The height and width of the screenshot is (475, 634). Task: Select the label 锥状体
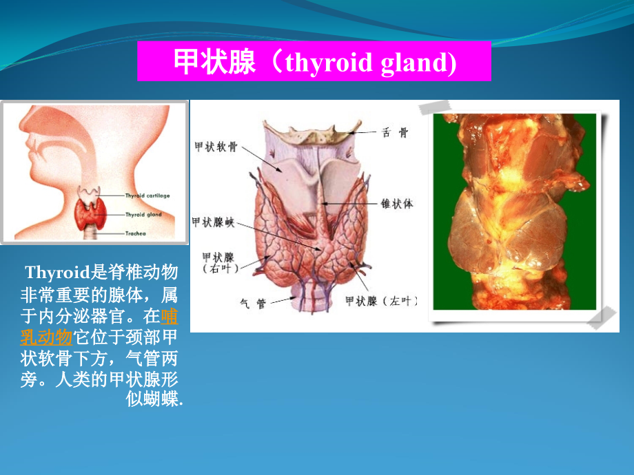click(x=397, y=204)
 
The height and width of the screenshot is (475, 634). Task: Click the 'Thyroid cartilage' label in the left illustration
click(x=147, y=196)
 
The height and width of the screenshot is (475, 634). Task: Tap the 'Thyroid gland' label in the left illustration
click(x=143, y=215)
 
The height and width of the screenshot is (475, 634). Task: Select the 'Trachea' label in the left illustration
click(x=136, y=234)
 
